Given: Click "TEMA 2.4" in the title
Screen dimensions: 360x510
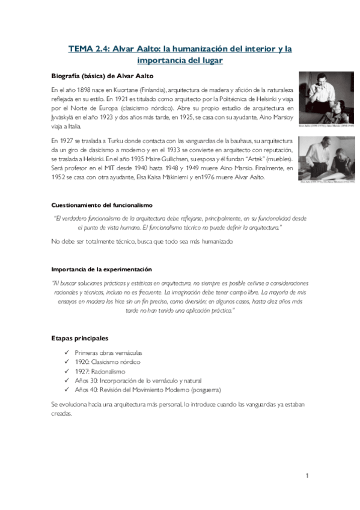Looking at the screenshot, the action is (88, 49).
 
